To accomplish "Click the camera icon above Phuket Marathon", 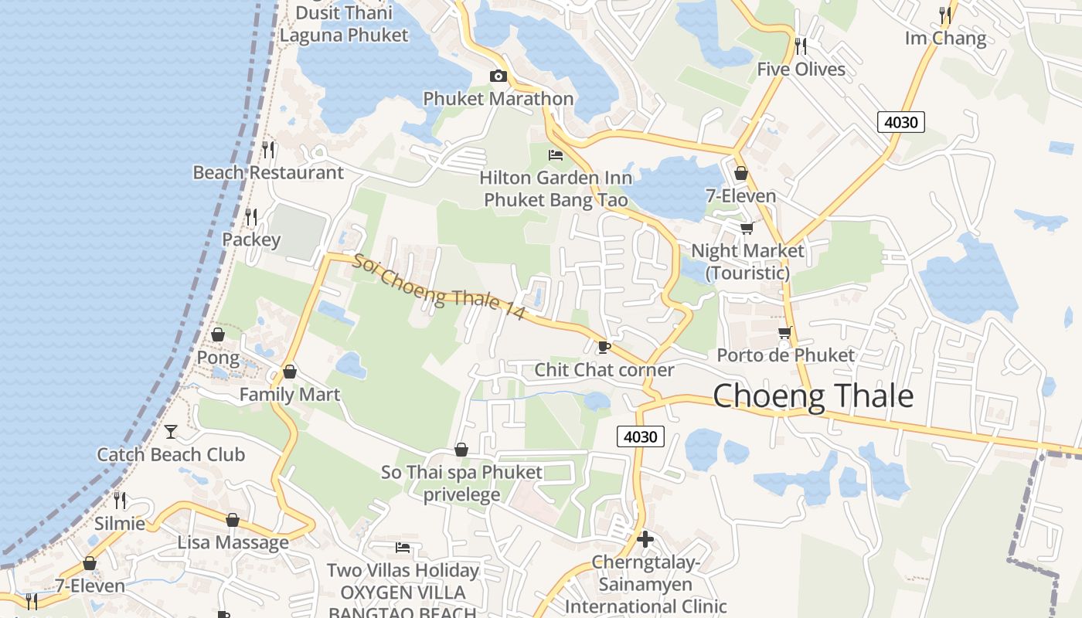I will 498,76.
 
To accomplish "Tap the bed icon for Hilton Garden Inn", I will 556,155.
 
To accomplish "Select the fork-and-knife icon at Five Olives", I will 801,46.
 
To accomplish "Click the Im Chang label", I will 945,38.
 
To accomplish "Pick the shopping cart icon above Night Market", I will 747,228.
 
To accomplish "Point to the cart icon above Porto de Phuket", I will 784,333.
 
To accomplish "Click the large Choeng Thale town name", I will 813,396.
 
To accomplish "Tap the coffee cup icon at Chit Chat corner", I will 604,347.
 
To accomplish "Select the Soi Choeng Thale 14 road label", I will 438,286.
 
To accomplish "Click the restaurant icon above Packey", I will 250,216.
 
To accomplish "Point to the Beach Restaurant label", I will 268,172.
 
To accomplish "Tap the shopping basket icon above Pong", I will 218,334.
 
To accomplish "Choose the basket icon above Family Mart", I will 289,372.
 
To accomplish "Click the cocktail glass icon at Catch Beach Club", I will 171,431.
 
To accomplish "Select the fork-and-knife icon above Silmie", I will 119,500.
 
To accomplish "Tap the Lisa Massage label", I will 233,542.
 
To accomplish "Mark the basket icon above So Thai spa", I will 461,450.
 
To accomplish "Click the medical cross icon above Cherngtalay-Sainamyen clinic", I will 645,538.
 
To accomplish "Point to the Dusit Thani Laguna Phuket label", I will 344,24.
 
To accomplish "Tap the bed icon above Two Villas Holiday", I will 402,548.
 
